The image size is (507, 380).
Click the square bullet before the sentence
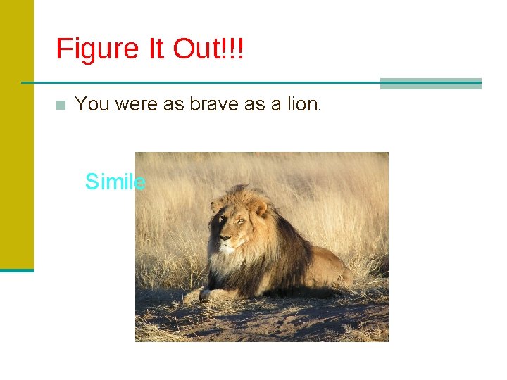[x=61, y=106]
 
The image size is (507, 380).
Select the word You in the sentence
[x=92, y=104]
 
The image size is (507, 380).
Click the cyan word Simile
[x=115, y=182]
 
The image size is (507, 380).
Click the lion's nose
[x=224, y=239]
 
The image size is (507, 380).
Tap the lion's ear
[x=259, y=207]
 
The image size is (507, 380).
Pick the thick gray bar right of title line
[x=430, y=84]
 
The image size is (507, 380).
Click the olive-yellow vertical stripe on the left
[x=16, y=134]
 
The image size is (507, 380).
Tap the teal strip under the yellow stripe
[x=16, y=270]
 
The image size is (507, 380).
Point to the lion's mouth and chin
[x=227, y=251]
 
